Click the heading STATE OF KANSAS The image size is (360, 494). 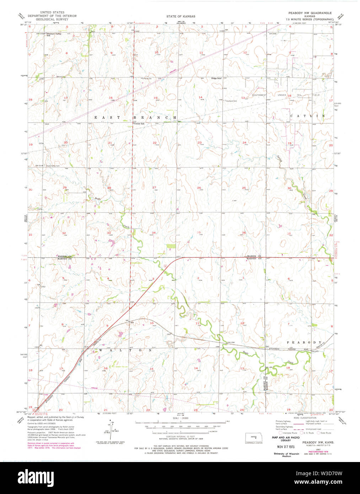pyautogui.click(x=181, y=16)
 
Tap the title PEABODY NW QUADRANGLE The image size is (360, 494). pyautogui.click(x=310, y=13)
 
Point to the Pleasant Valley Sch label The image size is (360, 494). pyautogui.click(x=54, y=34)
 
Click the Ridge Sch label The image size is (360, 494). pyautogui.click(x=216, y=78)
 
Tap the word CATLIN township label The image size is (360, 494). pyautogui.click(x=307, y=116)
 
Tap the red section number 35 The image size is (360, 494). pyautogui.click(x=199, y=232)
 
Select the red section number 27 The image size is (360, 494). pyautogui.click(x=154, y=187)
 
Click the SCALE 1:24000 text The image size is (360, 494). pyautogui.click(x=180, y=418)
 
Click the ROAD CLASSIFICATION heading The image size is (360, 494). pyautogui.click(x=305, y=418)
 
